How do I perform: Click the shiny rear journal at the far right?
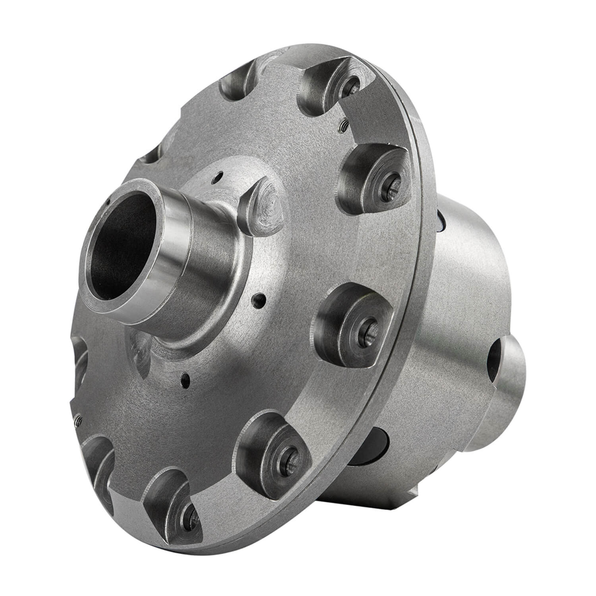click(513, 381)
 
